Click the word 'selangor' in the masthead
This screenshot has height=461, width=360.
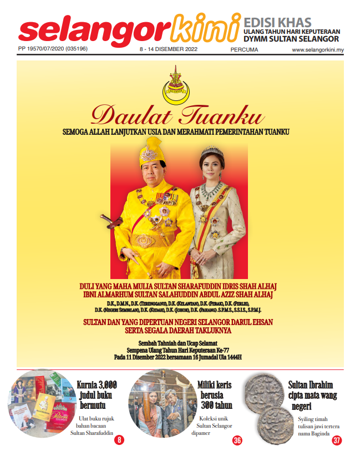click(x=94, y=32)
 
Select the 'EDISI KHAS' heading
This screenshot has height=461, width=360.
click(x=277, y=23)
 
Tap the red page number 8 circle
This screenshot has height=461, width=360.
click(x=119, y=440)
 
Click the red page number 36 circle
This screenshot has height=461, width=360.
click(x=237, y=440)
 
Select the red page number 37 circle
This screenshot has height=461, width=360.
click(x=337, y=440)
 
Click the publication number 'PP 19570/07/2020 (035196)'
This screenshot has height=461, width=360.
click(x=53, y=50)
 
